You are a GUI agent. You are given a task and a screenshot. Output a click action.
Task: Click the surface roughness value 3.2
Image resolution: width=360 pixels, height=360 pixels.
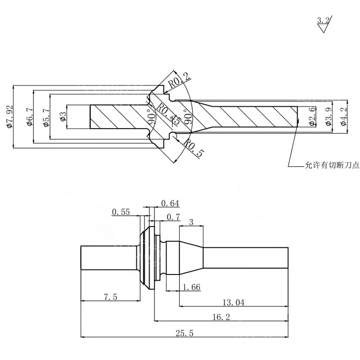click(x=323, y=20)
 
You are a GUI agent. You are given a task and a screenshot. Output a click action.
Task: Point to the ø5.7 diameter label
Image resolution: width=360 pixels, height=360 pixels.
click(x=45, y=117)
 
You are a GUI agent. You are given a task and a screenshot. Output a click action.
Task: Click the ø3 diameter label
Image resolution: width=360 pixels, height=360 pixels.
click(x=63, y=117)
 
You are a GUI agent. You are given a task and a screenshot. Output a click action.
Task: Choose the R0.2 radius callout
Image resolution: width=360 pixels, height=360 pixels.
click(x=179, y=81)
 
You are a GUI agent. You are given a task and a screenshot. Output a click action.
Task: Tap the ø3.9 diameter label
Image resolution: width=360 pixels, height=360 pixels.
click(x=328, y=117)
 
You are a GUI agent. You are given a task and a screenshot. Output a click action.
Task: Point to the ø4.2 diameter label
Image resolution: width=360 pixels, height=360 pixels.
click(x=344, y=117)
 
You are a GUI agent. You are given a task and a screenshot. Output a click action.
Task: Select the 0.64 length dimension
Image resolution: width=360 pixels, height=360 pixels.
click(x=170, y=203)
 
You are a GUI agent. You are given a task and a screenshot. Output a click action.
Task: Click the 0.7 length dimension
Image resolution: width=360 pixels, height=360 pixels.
click(x=173, y=217)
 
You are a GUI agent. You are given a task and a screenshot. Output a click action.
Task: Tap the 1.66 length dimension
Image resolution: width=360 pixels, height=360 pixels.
click(x=191, y=287)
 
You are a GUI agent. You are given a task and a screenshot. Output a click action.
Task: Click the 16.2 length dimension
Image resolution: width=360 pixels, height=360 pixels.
click(x=221, y=317)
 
